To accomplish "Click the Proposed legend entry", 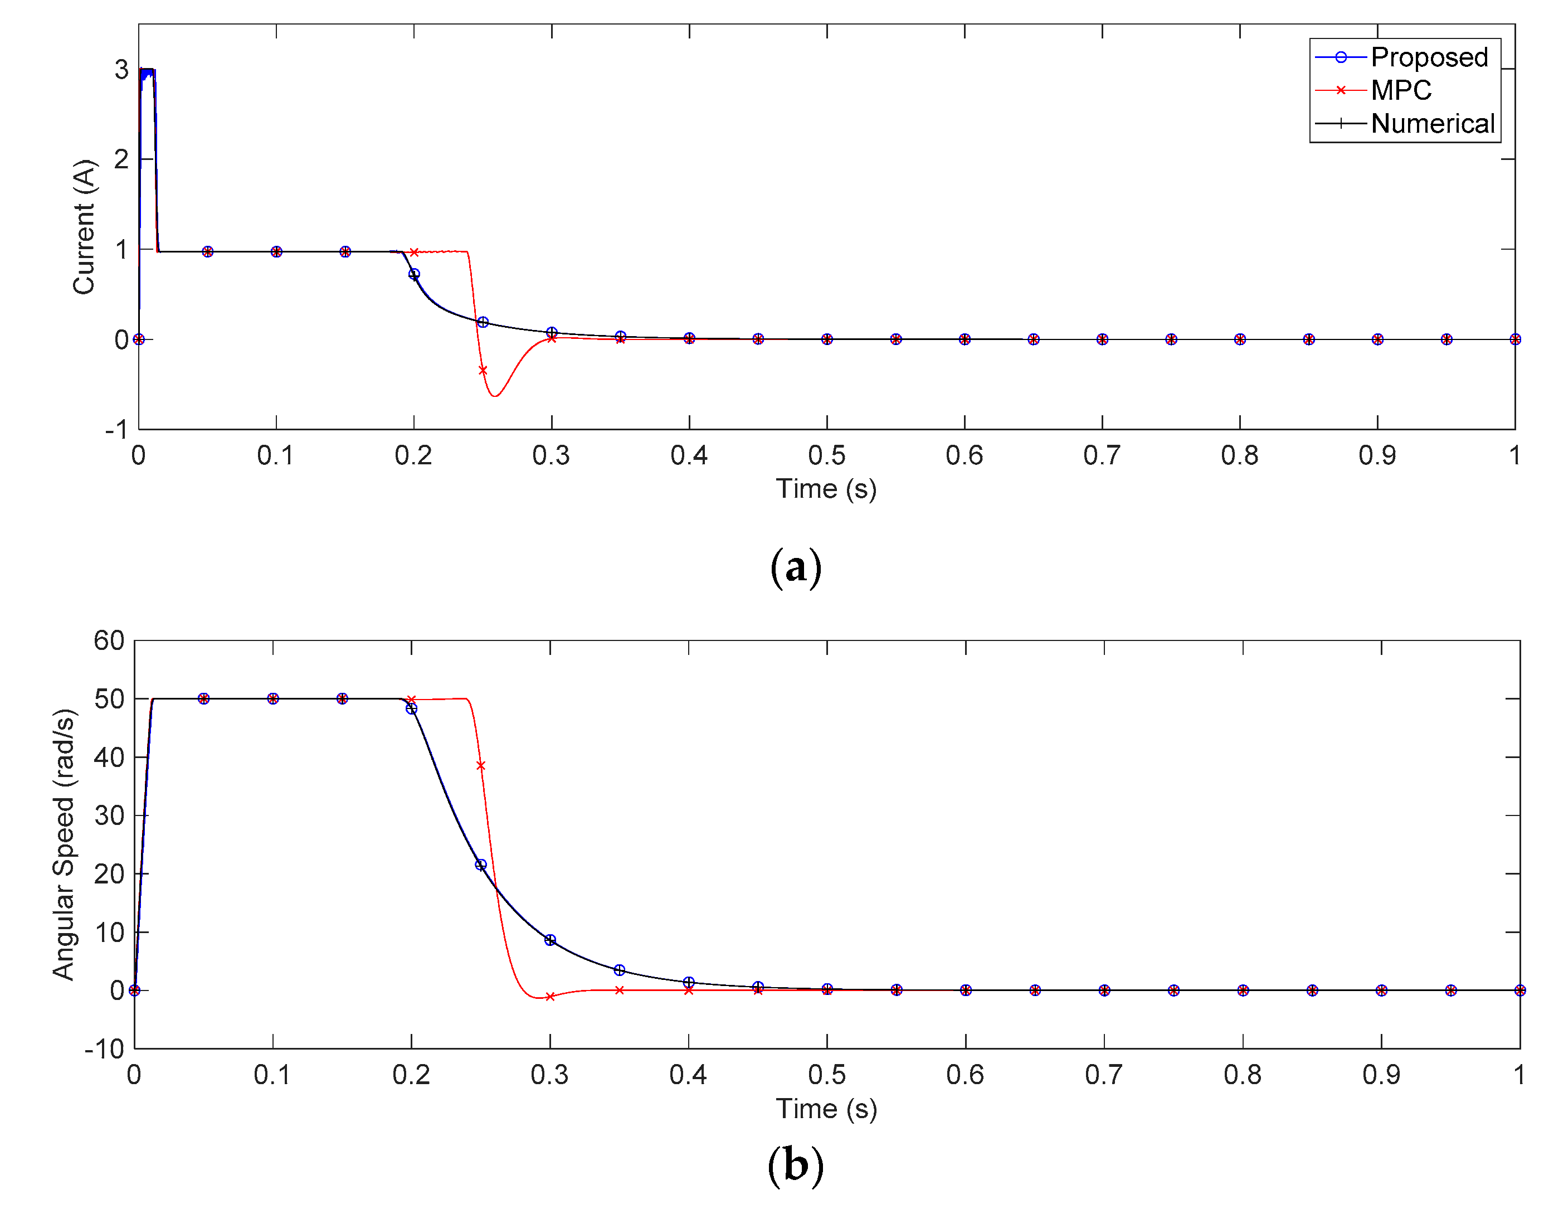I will click(x=1428, y=57).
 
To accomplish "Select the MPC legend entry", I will click(x=1400, y=90).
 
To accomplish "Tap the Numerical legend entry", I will click(x=1431, y=123).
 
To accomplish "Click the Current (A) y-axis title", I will click(x=84, y=226).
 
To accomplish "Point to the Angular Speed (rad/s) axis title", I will click(x=64, y=844).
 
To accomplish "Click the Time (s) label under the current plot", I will click(x=826, y=488).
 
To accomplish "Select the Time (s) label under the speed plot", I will click(x=826, y=1109).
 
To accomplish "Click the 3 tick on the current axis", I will click(x=121, y=69).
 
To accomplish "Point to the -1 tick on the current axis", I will click(x=118, y=430).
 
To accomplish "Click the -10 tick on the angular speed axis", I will click(x=105, y=1048).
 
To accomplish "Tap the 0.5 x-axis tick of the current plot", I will click(x=826, y=455).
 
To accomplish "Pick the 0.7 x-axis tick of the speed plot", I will click(x=1104, y=1075).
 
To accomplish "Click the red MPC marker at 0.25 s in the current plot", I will click(x=483, y=370).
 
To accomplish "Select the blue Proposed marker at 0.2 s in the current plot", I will click(x=414, y=274).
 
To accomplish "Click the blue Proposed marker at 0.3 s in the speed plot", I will click(x=550, y=940).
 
